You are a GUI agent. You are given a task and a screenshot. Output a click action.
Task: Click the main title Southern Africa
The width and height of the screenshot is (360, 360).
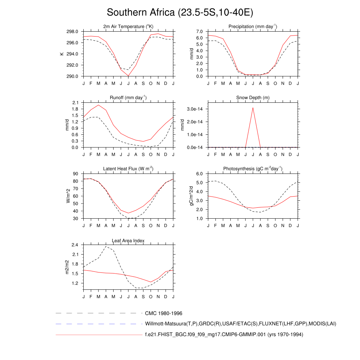[180, 13]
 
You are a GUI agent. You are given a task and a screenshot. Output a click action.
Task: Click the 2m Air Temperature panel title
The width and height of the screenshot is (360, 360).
[128, 26]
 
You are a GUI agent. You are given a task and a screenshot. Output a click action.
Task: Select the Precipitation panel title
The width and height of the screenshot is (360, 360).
[253, 26]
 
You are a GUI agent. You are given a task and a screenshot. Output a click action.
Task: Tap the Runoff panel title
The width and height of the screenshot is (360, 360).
[128, 97]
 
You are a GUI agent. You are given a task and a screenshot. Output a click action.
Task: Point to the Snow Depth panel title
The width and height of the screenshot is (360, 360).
[253, 97]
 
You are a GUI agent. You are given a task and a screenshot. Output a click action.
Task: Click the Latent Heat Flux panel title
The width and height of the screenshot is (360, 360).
[128, 169]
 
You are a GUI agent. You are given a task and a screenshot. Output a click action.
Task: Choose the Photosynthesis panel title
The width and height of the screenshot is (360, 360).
[253, 169]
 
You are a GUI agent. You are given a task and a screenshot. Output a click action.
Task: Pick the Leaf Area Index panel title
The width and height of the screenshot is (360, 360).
[128, 240]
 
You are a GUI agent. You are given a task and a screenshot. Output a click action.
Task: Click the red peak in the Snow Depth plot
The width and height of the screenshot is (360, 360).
[253, 108]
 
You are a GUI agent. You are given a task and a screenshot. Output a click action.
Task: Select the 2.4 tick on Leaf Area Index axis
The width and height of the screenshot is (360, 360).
[75, 245]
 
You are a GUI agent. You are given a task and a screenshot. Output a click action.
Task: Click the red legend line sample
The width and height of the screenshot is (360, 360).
[98, 335]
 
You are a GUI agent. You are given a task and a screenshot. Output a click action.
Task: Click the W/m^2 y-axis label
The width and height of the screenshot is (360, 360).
[68, 196]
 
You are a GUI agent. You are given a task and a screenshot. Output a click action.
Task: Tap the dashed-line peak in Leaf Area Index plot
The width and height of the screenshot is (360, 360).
[106, 246]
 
